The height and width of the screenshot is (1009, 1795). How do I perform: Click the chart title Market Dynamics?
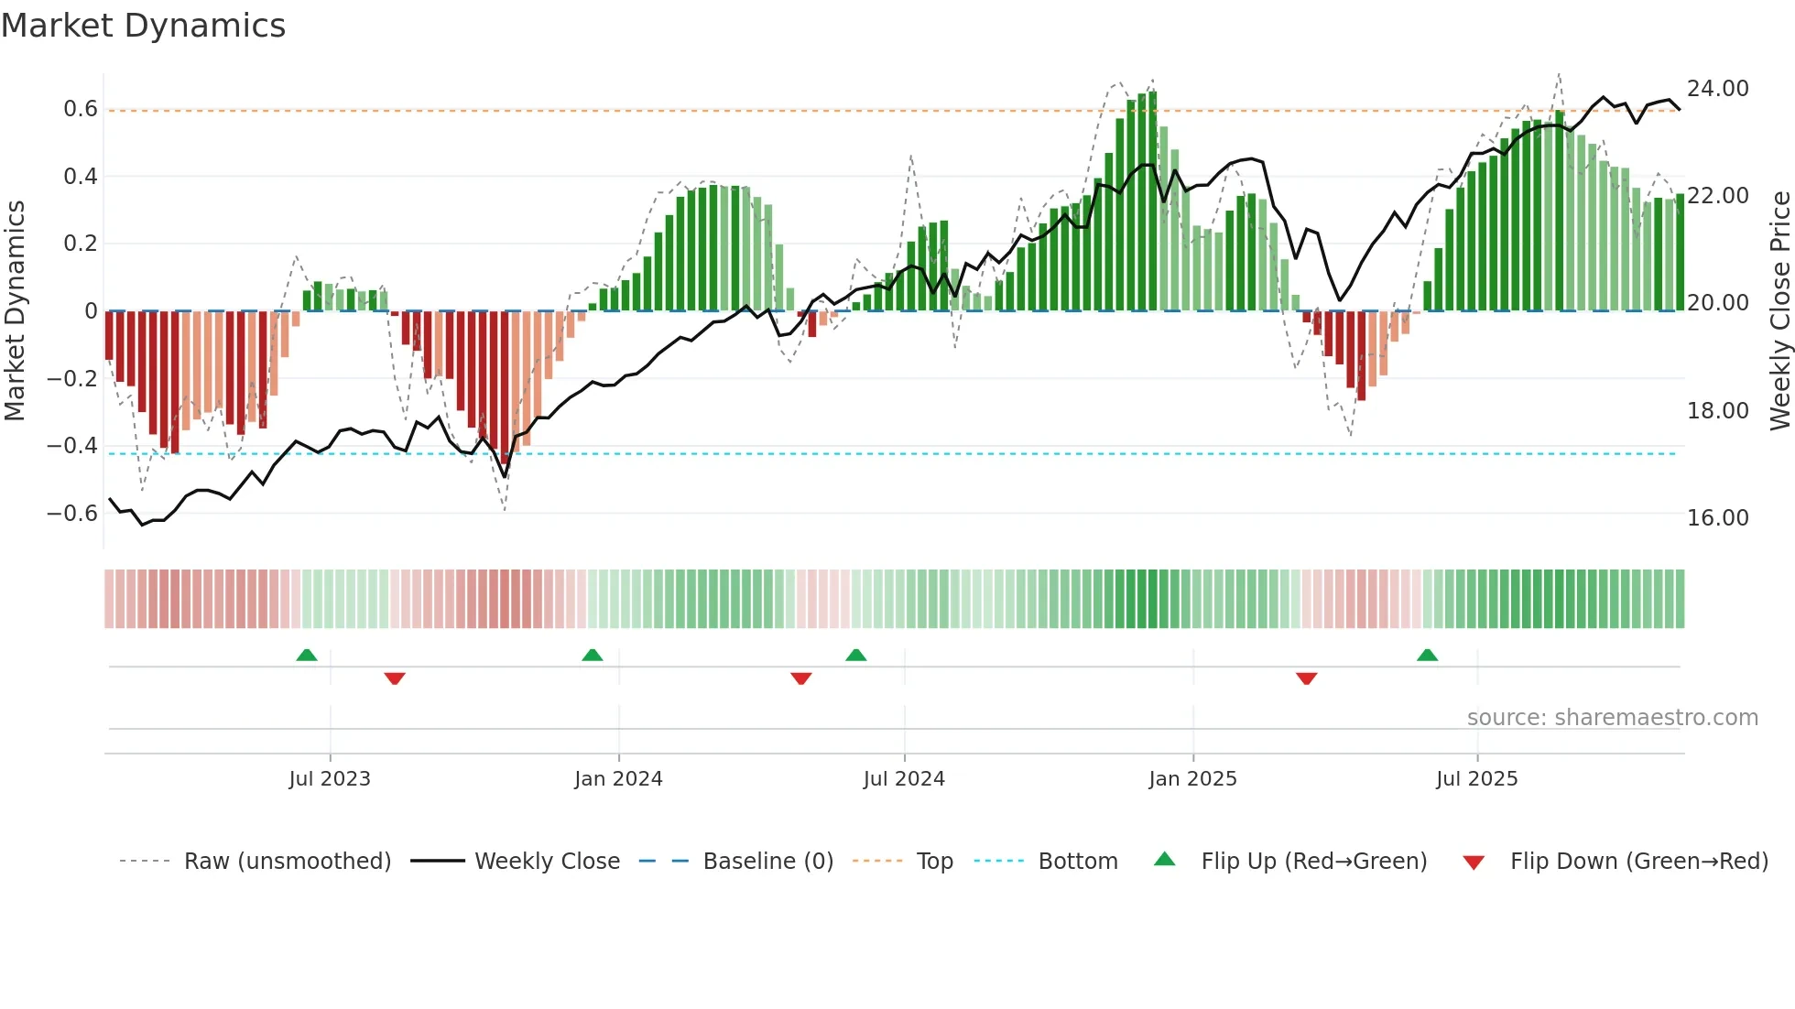click(143, 26)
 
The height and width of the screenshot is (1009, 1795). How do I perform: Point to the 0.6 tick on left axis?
click(81, 109)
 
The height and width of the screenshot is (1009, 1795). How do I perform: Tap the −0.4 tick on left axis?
click(72, 446)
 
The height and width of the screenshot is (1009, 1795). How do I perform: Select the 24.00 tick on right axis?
click(1717, 89)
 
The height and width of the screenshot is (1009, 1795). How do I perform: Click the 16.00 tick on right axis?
click(1717, 518)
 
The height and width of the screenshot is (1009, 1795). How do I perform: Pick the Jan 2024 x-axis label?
click(618, 779)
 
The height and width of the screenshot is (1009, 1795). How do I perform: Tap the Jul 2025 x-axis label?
click(1476, 779)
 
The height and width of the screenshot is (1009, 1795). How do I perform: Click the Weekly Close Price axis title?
click(1779, 310)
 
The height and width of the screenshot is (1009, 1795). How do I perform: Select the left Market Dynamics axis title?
click(15, 310)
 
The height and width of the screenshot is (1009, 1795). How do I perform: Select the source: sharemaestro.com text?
click(1612, 718)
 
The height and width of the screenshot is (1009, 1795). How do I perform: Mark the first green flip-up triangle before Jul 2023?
click(307, 656)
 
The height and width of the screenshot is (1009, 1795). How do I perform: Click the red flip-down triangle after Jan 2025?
click(1307, 678)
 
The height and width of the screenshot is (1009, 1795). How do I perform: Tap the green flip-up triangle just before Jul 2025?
click(1427, 656)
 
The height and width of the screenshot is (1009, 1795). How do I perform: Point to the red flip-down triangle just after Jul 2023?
click(395, 678)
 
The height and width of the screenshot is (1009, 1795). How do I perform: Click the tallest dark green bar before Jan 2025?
click(1153, 201)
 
